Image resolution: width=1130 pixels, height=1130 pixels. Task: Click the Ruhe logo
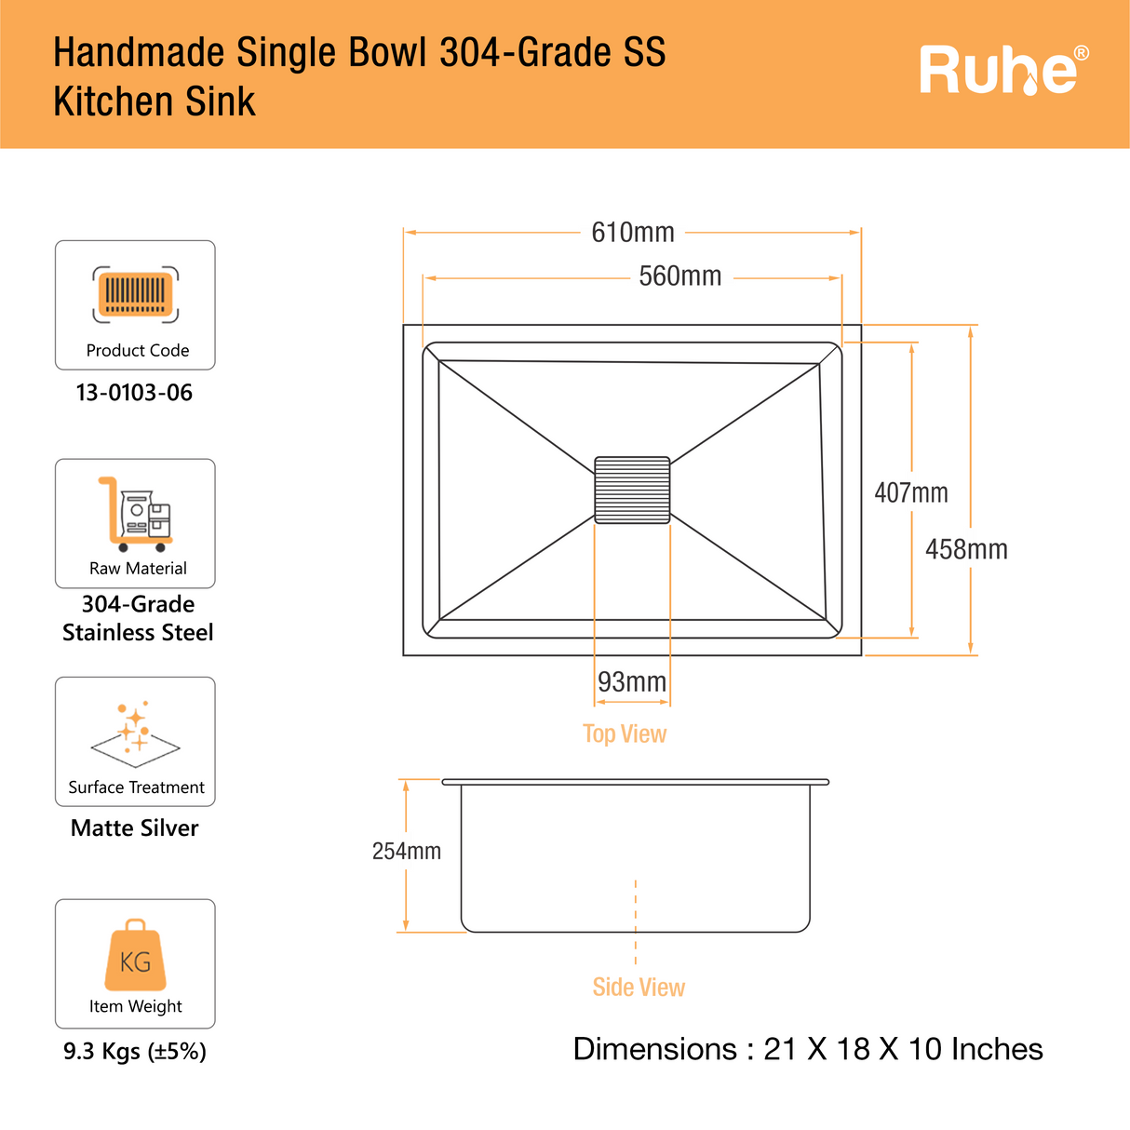pos(999,71)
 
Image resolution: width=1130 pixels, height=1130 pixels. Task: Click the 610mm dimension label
pos(633,232)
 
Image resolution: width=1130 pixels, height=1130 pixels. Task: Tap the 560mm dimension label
pos(679,276)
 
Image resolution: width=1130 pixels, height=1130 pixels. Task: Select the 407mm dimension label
pos(910,492)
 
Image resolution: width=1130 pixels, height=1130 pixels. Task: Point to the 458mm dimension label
pos(966,549)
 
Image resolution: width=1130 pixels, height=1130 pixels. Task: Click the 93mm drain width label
pos(632,682)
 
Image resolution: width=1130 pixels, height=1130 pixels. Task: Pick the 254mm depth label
pos(406,851)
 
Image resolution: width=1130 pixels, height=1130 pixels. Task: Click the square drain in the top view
pos(632,490)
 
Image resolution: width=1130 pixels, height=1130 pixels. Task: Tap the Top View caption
pos(625,733)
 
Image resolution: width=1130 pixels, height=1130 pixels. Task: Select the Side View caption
pos(639,987)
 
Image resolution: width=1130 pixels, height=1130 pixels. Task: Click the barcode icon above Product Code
pos(136,295)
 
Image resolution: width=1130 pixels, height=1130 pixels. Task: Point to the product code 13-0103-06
pos(134,393)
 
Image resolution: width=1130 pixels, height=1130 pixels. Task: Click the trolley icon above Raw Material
pos(136,515)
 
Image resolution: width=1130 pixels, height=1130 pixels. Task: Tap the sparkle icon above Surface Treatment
pos(136,732)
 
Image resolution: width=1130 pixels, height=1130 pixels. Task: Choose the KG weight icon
pos(136,956)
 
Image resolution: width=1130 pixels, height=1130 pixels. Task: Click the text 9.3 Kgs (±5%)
pos(135,1052)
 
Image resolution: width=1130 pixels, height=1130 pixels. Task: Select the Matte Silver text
pos(135,827)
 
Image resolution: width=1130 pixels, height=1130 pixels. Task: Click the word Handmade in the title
pos(139,53)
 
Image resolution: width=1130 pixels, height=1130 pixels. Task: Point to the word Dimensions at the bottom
pos(655,1049)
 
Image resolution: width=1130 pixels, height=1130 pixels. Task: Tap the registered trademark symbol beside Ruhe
pos(1081,53)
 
